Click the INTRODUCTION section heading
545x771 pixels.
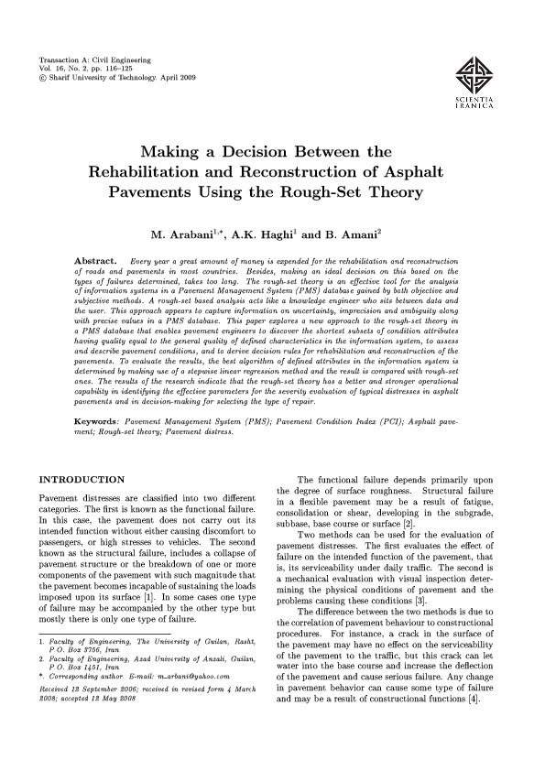pos(79,481)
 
